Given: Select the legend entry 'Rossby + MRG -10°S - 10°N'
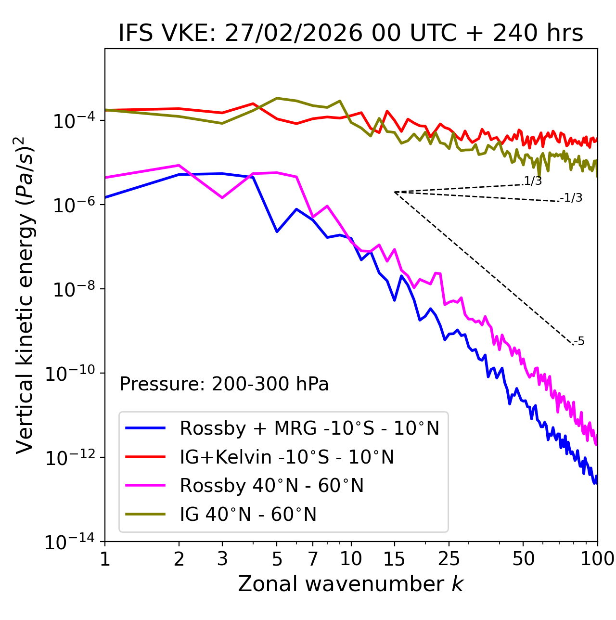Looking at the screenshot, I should pyautogui.click(x=309, y=428).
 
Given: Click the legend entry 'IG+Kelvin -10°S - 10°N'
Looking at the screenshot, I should pyautogui.click(x=287, y=457).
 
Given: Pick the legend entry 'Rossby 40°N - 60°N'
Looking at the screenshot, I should pyautogui.click(x=271, y=486).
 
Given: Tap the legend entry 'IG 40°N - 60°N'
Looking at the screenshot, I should pyautogui.click(x=248, y=515).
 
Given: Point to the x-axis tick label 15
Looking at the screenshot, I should pyautogui.click(x=394, y=559).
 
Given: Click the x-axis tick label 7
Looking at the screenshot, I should pyautogui.click(x=313, y=559).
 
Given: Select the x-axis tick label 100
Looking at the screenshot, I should pyautogui.click(x=597, y=559).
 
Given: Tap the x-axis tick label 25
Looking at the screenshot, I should pyautogui.click(x=449, y=559).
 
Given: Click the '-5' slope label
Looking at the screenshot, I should pyautogui.click(x=579, y=342).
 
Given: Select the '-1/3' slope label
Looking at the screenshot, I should pyautogui.click(x=571, y=198).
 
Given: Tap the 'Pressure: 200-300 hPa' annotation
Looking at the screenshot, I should pyautogui.click(x=224, y=384).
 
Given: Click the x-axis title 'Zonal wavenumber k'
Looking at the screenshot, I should pyautogui.click(x=350, y=584).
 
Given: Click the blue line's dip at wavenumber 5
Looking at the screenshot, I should pyautogui.click(x=277, y=232).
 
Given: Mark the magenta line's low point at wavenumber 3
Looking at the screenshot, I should pyautogui.click(x=222, y=198).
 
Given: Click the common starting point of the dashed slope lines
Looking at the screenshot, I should pyautogui.click(x=394, y=192).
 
